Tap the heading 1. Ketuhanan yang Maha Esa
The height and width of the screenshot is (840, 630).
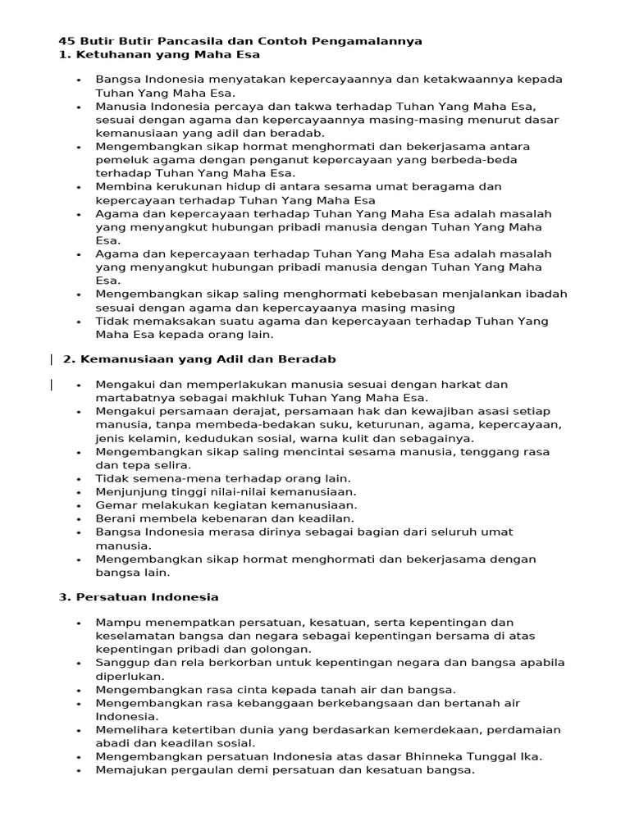point(159,54)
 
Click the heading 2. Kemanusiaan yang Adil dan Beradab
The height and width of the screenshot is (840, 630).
point(199,359)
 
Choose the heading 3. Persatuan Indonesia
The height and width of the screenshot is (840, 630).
point(139,596)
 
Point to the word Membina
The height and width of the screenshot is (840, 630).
point(121,187)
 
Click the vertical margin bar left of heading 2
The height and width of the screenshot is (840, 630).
point(52,359)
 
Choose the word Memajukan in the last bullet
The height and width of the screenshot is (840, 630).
point(126,770)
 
